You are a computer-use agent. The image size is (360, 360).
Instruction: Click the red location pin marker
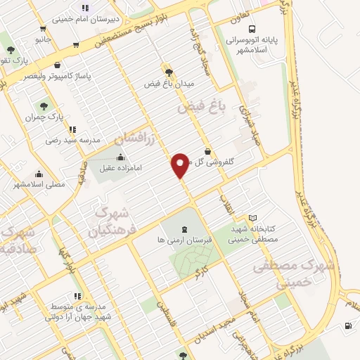(180, 165)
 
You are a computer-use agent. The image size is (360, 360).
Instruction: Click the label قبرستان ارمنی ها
(160, 240)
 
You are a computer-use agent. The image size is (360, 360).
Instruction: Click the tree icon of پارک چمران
(44, 106)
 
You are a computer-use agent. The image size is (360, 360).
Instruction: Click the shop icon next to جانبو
(44, 30)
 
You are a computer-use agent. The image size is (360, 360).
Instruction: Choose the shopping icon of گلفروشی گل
(207, 150)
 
